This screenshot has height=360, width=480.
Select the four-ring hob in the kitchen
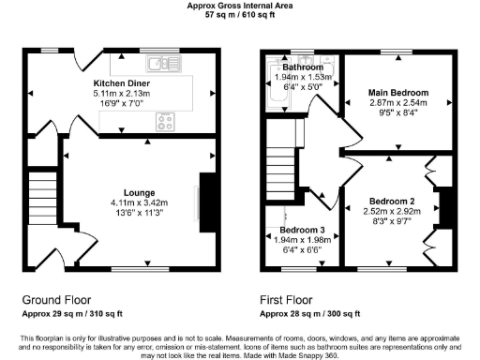coord(167,120)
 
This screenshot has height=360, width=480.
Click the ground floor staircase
coord(42,198)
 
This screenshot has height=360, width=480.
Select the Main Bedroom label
coord(398,93)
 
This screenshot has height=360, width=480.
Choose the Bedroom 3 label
coord(301,231)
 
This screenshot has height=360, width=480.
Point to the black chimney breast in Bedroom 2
coord(448,206)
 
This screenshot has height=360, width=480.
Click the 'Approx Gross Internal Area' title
coord(240,6)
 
